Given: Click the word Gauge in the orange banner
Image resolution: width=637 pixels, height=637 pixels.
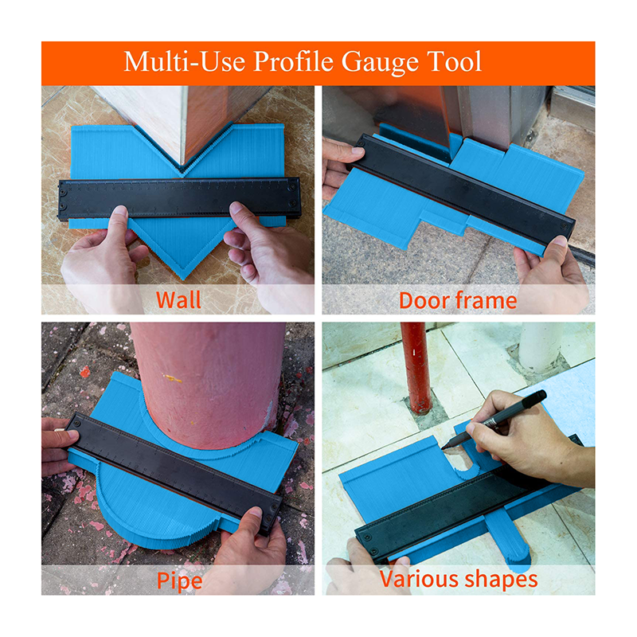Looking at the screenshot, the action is click(x=380, y=62).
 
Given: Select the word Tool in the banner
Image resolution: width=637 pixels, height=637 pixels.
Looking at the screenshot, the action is click(x=454, y=61).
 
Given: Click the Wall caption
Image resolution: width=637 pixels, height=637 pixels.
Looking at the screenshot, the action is click(x=178, y=300).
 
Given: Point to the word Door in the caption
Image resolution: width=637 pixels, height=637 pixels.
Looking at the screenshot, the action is click(x=424, y=301).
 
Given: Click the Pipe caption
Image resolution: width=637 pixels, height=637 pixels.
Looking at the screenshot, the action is click(x=179, y=580).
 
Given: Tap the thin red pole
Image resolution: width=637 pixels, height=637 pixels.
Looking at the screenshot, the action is click(x=415, y=368).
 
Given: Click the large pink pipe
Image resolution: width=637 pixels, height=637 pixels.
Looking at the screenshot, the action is click(x=207, y=385).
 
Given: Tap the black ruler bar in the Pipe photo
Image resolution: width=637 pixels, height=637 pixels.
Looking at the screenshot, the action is click(x=174, y=472).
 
